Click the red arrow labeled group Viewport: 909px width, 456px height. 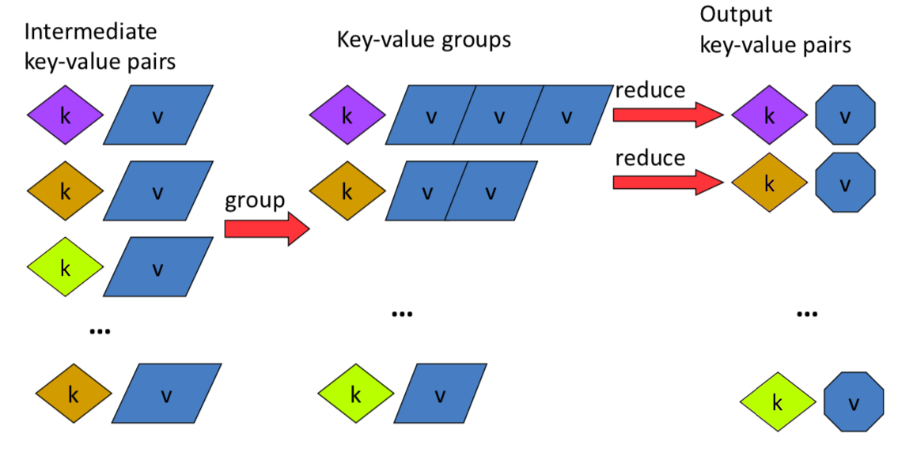[x=267, y=229]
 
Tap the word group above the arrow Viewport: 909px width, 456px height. [x=255, y=201]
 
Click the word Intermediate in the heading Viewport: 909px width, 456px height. [x=90, y=31]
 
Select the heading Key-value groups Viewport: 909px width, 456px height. [x=424, y=40]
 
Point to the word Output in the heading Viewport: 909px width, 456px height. [x=736, y=14]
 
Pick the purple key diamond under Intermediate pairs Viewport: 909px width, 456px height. [x=66, y=115]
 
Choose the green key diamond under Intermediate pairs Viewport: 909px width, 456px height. [x=66, y=266]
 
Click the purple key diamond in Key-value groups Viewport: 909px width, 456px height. [x=347, y=115]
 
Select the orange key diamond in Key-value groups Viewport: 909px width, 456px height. [x=347, y=190]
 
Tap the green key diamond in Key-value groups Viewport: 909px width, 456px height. [x=356, y=394]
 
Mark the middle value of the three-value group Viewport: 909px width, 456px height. [x=498, y=115]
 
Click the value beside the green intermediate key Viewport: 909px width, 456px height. [x=158, y=266]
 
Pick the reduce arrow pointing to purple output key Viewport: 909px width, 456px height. [x=668, y=115]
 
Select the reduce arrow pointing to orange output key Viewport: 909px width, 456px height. [x=668, y=183]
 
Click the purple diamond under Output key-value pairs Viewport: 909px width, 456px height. [x=769, y=115]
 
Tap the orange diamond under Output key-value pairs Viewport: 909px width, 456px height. [x=769, y=183]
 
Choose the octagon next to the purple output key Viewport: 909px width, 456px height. [x=845, y=115]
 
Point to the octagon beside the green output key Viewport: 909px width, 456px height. [x=854, y=401]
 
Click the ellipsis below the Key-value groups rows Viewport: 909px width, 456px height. [x=402, y=314]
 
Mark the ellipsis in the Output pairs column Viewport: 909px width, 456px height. [x=807, y=314]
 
